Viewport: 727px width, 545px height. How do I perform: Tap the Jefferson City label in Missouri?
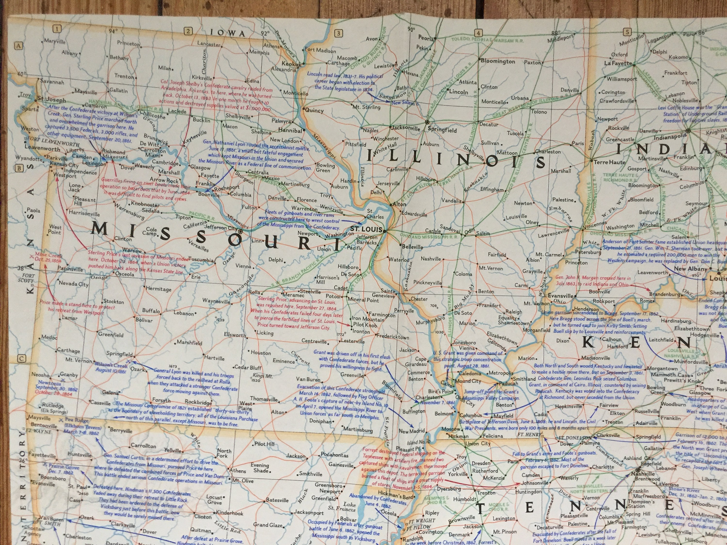[221, 227]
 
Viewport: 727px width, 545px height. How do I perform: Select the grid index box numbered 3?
[338, 33]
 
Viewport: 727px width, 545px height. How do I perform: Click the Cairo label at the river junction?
[446, 384]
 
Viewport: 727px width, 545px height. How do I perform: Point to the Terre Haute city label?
[609, 162]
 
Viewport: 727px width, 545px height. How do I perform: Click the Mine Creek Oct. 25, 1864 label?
[48, 257]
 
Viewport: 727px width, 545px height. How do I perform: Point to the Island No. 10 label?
[418, 442]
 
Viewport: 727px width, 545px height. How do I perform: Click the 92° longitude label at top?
[265, 33]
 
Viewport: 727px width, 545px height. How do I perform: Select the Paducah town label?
[508, 383]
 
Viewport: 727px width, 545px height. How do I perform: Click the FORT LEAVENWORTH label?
[53, 142]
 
